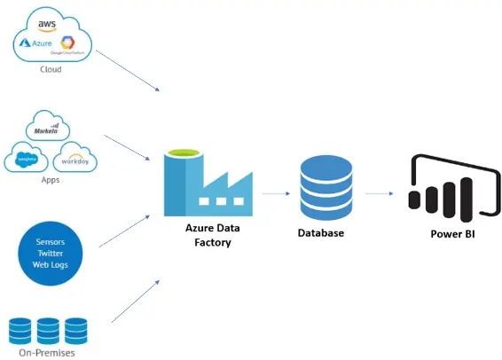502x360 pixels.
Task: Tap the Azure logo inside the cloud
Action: [x=40, y=43]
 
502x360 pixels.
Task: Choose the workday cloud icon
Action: [x=75, y=160]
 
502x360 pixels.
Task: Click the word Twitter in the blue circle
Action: [x=51, y=253]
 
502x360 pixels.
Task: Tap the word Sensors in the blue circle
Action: [x=51, y=241]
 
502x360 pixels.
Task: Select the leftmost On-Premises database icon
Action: [x=20, y=330]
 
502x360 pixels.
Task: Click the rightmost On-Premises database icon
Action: [x=76, y=330]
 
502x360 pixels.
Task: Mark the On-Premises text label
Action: [x=50, y=353]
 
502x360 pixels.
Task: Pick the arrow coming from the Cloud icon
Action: [x=128, y=70]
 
